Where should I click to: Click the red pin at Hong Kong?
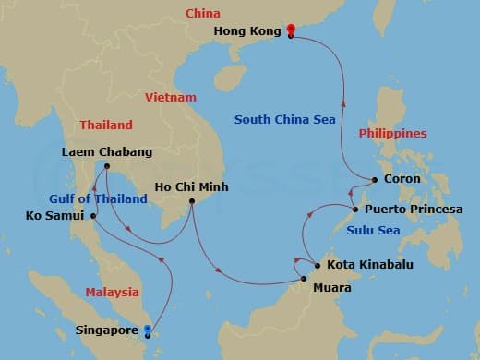tap(291, 30)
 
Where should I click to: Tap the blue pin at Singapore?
tap(149, 330)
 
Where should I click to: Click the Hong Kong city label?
tap(246, 30)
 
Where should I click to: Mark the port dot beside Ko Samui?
tap(93, 216)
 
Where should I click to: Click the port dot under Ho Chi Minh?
tap(192, 201)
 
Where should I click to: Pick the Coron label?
tap(401, 179)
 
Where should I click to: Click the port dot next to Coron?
tap(374, 180)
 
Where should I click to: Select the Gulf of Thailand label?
tap(98, 198)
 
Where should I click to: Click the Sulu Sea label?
tap(376, 231)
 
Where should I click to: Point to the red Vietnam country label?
tap(171, 97)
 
